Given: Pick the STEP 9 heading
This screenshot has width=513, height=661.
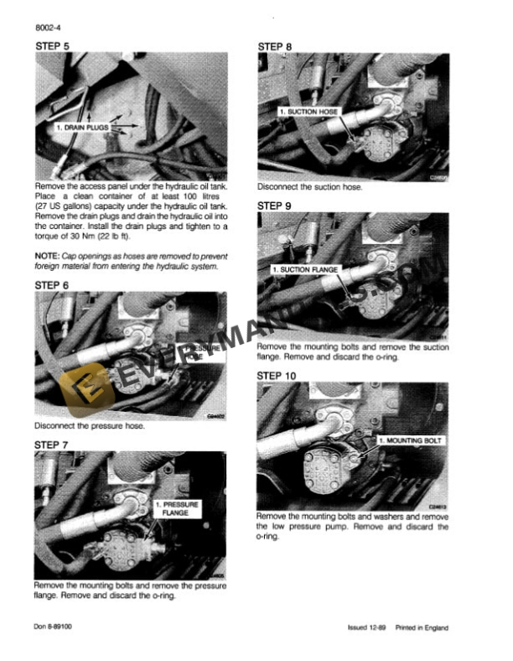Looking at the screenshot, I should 275,205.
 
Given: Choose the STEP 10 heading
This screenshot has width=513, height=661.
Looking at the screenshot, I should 277,376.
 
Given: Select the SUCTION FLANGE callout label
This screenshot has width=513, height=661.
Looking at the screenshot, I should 304,270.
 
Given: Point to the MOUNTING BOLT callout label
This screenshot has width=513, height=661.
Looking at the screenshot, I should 411,440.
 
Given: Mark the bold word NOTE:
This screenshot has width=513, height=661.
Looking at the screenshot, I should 47,255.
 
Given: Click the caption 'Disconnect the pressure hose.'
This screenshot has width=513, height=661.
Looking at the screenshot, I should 90,426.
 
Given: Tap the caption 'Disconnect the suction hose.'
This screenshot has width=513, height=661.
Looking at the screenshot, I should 310,187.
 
